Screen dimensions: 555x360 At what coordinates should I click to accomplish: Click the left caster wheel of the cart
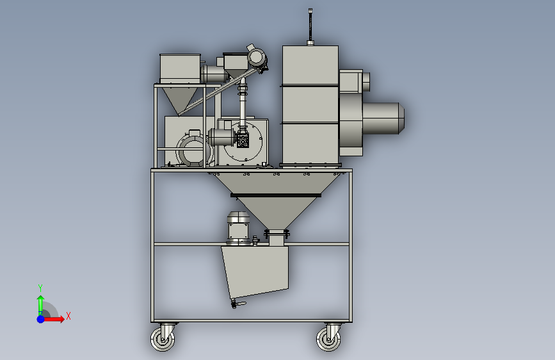(x=163, y=339)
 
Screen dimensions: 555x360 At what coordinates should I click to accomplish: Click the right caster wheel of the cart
(x=328, y=339)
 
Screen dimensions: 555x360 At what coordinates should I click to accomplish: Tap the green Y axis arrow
(x=41, y=305)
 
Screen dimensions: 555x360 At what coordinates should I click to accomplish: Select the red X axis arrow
(x=53, y=319)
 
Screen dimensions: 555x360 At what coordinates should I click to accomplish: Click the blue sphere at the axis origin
(x=41, y=319)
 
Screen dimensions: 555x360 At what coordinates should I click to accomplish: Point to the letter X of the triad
(x=68, y=316)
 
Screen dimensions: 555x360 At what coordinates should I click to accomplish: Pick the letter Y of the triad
(x=40, y=288)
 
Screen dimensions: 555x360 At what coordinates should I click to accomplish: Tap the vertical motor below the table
(x=238, y=228)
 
